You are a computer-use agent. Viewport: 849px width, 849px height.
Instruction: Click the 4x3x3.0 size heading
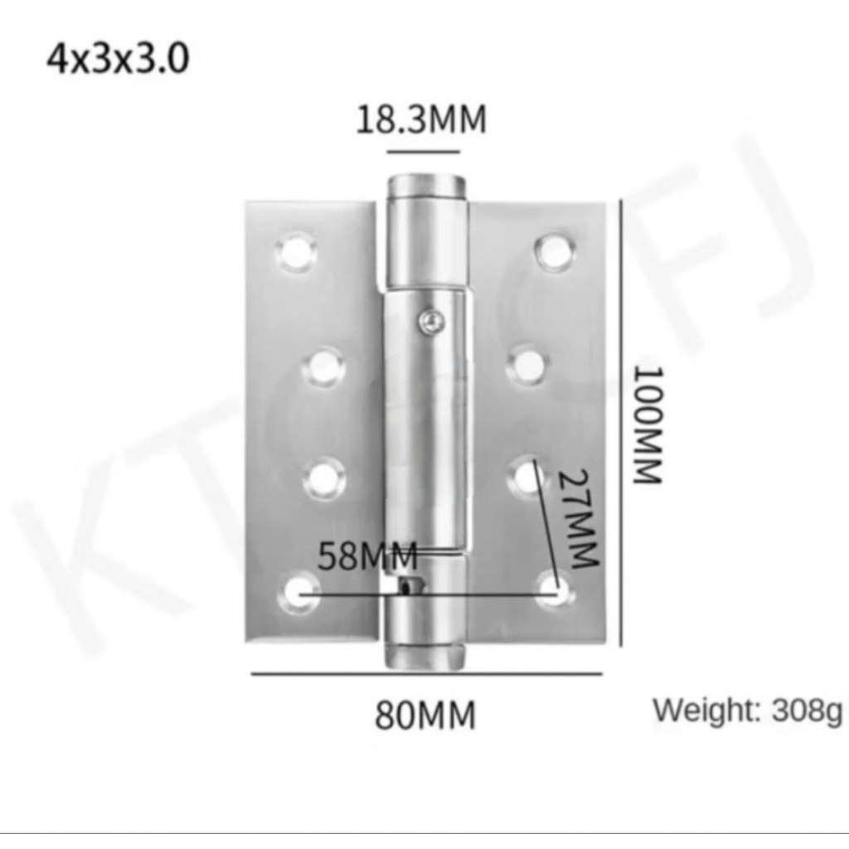pos(118,59)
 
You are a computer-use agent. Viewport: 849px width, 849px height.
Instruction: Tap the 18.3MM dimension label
pos(421,119)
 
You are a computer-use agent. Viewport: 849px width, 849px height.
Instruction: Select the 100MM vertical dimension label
pos(648,425)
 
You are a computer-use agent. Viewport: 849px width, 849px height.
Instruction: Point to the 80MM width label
pos(425,715)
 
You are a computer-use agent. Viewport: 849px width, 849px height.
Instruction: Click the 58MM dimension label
pos(367,555)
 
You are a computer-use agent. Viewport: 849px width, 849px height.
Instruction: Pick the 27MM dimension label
pos(580,519)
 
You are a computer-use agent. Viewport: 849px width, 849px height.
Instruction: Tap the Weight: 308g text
pos(748,711)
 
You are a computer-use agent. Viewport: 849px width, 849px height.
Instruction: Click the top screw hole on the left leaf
pos(296,252)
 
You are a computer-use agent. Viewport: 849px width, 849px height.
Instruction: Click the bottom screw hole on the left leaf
pos(298,594)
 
